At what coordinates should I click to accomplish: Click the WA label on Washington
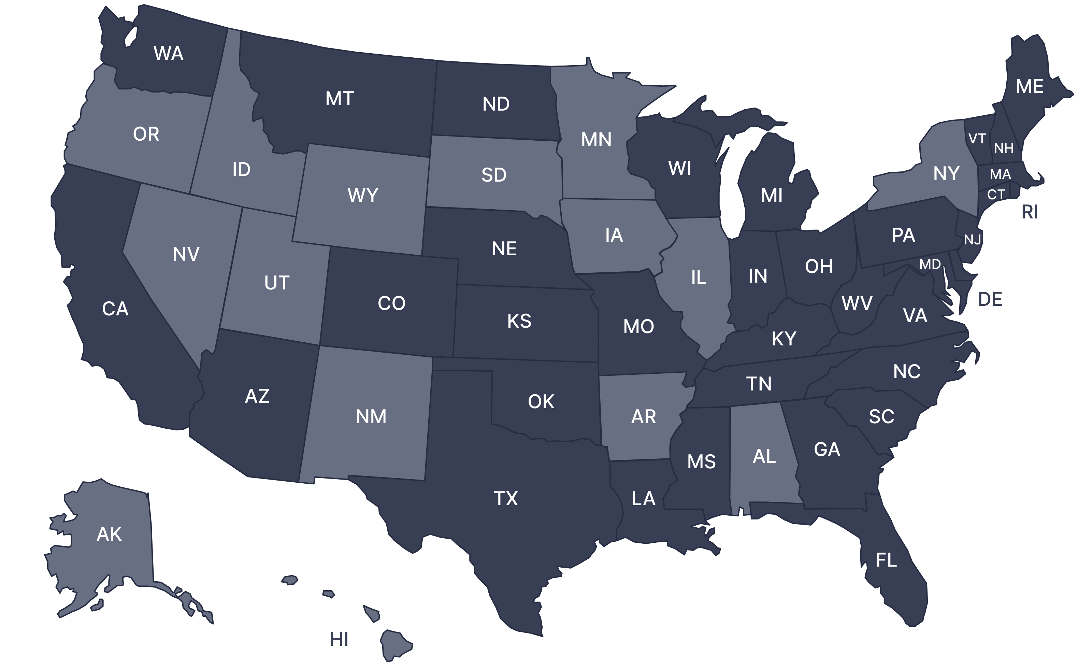[x=169, y=54]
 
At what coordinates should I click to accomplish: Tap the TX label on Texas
[x=506, y=498]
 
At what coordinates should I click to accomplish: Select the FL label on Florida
[x=886, y=560]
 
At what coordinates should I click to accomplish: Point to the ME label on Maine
[x=1030, y=86]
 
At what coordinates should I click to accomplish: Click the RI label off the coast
[x=1030, y=212]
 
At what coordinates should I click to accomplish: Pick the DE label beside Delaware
[x=990, y=300]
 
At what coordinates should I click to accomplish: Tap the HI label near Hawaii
[x=339, y=639]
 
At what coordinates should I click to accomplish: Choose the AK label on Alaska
[x=109, y=534]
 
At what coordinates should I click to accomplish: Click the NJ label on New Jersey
[x=972, y=240]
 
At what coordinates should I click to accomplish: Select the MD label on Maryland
[x=930, y=265]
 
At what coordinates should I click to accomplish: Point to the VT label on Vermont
[x=977, y=139]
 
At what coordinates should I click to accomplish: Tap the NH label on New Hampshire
[x=1004, y=148]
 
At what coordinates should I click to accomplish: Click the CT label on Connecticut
[x=996, y=195]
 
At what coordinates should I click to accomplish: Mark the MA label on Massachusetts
[x=1000, y=174]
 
